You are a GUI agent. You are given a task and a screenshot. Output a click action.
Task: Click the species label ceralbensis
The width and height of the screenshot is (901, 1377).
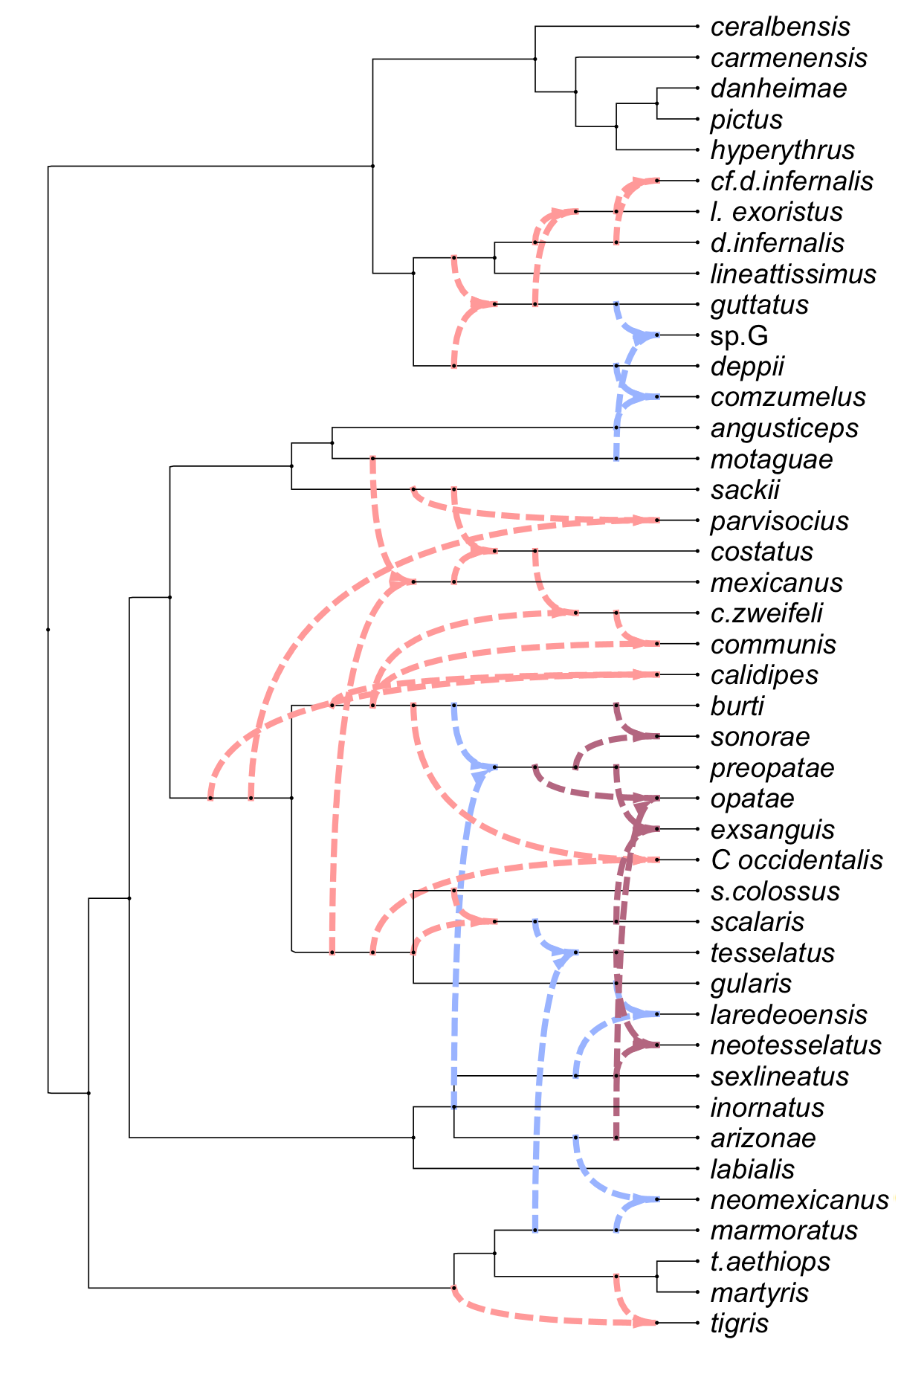tap(780, 27)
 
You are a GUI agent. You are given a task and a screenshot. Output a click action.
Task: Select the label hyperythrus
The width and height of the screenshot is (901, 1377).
tap(782, 150)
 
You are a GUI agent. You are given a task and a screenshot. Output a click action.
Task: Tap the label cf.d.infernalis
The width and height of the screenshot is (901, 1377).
tap(792, 181)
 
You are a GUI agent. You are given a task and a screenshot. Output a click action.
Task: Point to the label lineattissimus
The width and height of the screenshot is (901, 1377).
tap(793, 274)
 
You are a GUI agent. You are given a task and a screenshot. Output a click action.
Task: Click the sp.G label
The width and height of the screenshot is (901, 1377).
tap(739, 336)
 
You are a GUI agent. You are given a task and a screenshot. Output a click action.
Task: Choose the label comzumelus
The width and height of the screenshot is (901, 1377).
tap(788, 397)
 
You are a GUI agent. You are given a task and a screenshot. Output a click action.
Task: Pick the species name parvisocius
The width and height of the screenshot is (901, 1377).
tap(779, 521)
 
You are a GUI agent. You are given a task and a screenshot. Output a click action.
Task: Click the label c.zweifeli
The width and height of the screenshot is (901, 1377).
tap(766, 613)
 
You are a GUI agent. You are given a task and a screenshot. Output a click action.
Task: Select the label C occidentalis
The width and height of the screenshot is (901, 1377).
tap(796, 860)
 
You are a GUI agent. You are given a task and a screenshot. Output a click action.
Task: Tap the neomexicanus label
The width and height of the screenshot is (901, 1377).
tap(799, 1200)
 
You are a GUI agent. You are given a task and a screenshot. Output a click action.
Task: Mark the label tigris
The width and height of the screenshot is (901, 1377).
tap(739, 1324)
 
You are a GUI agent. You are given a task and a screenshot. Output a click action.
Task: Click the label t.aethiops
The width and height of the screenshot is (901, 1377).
tap(770, 1262)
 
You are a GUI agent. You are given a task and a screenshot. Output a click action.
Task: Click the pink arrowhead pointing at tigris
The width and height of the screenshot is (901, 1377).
tap(644, 1323)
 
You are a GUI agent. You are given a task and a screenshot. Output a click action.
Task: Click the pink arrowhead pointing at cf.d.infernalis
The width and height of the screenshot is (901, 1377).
tap(642, 181)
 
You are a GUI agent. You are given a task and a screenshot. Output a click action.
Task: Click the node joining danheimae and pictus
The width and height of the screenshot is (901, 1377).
tap(657, 103)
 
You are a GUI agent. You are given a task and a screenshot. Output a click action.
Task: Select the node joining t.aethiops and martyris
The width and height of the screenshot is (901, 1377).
tap(657, 1277)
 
